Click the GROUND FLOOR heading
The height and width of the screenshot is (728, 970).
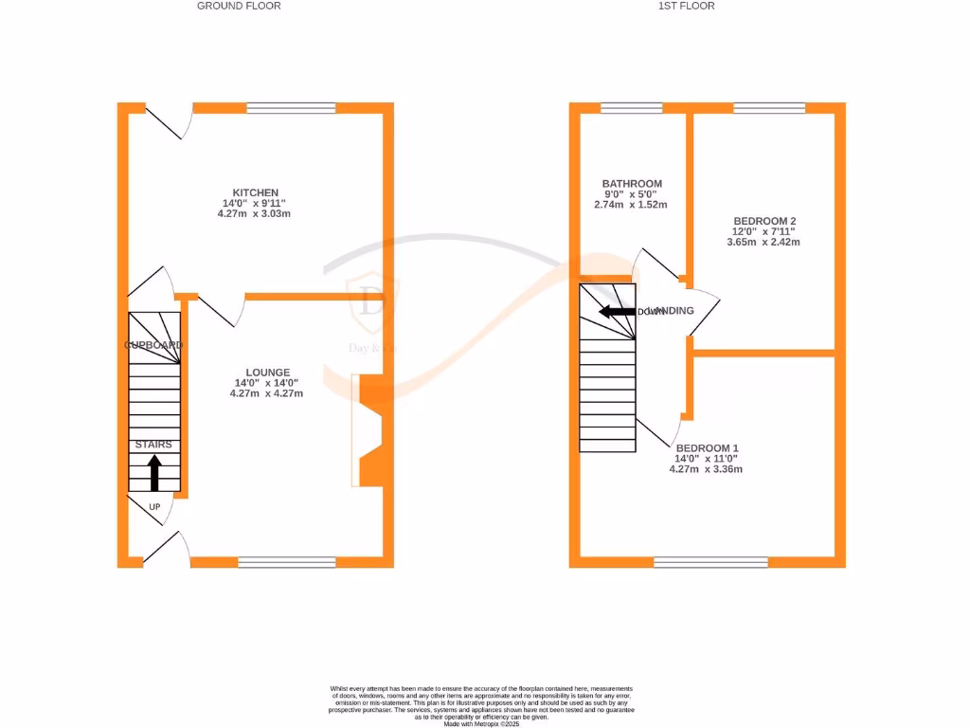coord(239,6)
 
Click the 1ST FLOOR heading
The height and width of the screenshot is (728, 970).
coord(687,6)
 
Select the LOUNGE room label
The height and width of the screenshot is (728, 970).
coord(268,373)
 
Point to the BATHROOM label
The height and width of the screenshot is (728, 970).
coord(632,184)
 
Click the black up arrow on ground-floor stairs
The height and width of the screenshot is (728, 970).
coord(154,472)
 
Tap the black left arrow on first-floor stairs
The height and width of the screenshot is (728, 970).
coord(617,311)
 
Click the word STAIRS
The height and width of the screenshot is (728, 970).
coord(153,445)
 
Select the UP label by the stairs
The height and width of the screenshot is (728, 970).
coord(154,507)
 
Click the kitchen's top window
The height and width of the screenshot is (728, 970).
coord(291,107)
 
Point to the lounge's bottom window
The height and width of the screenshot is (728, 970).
coord(286,562)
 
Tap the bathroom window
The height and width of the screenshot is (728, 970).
coord(631,107)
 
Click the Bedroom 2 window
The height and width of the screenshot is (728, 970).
coord(769,107)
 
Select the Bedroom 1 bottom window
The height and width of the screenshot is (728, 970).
coord(710,562)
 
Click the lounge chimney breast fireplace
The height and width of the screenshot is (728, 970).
coord(369,431)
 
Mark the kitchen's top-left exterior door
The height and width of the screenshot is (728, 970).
coord(163,120)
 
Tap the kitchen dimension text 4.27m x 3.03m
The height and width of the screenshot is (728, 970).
coord(254,214)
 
